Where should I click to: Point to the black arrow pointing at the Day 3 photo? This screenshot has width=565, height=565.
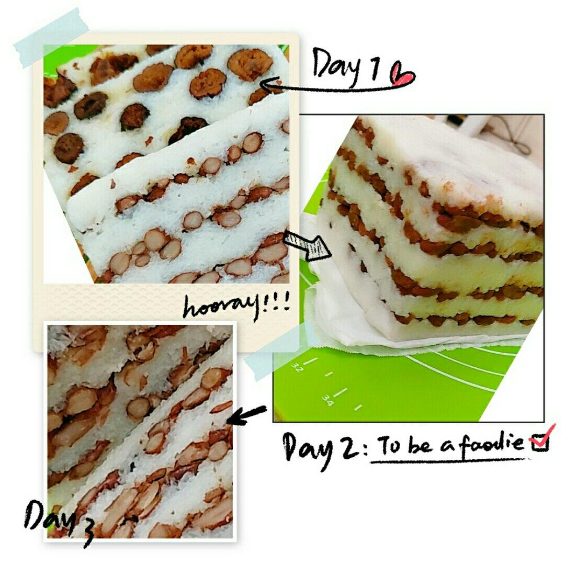click(x=247, y=415)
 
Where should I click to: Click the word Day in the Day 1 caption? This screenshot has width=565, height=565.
click(x=337, y=66)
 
